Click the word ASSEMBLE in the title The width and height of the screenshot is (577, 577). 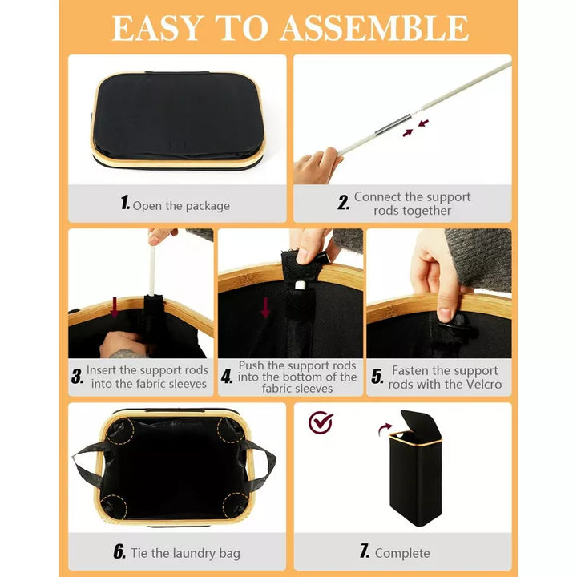[x=374, y=27]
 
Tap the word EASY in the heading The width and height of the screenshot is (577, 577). [x=158, y=27]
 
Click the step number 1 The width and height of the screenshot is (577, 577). [x=125, y=203]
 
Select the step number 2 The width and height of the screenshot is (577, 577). [x=343, y=203]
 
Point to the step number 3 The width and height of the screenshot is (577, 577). [x=77, y=377]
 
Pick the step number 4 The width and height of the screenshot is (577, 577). [x=227, y=377]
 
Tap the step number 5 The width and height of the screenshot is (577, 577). [x=377, y=377]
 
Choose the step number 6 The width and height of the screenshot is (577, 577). [x=119, y=551]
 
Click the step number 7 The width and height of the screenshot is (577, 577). [x=365, y=551]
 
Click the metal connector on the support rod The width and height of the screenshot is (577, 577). [x=393, y=125]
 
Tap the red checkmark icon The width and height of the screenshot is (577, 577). [x=321, y=422]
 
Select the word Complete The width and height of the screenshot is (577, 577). [x=402, y=553]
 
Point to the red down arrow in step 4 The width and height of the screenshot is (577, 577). [x=265, y=308]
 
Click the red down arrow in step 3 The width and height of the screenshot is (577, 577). [x=115, y=307]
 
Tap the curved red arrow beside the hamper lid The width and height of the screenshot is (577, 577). [x=385, y=429]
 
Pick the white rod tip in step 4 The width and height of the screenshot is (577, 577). [x=300, y=284]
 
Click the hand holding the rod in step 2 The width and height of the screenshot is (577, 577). [x=317, y=167]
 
